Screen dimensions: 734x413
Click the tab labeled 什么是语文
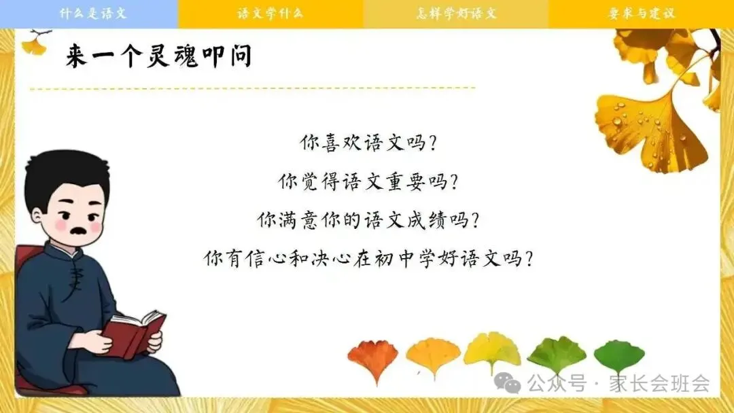[x=89, y=13]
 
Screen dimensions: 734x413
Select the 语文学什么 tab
[x=270, y=13]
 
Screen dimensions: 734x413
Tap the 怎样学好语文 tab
[x=456, y=13]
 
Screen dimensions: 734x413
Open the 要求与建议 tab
[x=642, y=13]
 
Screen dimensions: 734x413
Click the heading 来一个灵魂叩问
[x=158, y=56]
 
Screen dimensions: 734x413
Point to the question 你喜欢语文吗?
[x=368, y=142]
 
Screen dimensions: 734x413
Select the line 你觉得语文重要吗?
[x=368, y=181]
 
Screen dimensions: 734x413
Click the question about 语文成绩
[x=368, y=219]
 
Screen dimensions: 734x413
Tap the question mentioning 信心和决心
[x=368, y=257]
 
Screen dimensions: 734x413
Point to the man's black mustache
[x=77, y=231]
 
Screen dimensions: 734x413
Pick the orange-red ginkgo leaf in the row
[x=373, y=359]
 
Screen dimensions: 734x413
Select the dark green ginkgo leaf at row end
[x=619, y=357]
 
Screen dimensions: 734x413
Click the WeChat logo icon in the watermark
[x=508, y=383]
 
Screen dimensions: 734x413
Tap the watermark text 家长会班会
[x=659, y=383]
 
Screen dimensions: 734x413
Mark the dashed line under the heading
[x=253, y=88]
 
